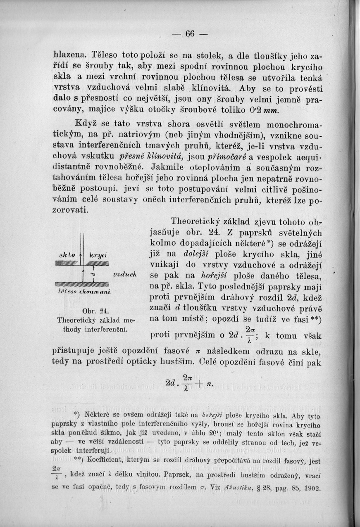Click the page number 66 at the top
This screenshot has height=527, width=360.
[x=190, y=34]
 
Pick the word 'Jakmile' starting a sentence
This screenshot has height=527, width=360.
[x=167, y=169]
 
